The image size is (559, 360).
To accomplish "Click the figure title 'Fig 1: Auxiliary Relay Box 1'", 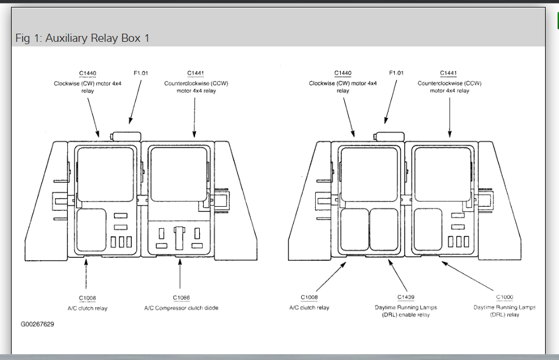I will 82,38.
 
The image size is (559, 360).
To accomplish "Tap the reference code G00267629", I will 37,324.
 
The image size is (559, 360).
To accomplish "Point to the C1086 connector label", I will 181,298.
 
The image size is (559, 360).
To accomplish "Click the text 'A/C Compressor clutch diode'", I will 181,308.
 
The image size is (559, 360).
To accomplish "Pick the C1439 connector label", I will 406,297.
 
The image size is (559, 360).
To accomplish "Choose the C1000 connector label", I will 504,297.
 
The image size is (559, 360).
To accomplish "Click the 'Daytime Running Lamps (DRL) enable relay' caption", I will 406,311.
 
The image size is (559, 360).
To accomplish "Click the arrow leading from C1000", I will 470,277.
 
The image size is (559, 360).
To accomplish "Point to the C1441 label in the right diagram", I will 448,73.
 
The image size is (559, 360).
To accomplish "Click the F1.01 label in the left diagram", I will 141,73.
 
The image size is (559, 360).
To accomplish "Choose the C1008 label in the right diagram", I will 309,297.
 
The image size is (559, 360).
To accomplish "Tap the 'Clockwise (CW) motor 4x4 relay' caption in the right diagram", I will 342,87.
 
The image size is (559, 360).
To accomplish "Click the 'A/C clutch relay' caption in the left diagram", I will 88,308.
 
